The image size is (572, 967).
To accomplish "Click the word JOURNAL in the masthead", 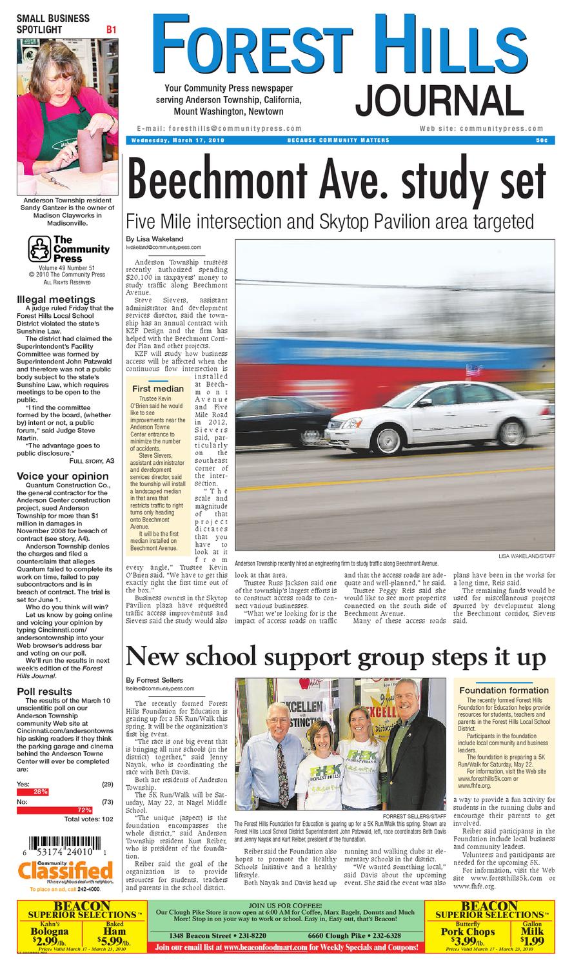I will point(439,101).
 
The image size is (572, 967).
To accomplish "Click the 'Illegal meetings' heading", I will point(56,299).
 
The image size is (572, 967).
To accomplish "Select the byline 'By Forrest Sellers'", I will point(155,680).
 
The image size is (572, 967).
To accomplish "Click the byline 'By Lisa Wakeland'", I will point(155,239).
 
